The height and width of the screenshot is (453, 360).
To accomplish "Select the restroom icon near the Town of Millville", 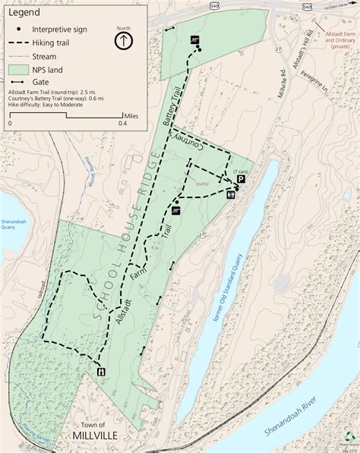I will click(100, 371).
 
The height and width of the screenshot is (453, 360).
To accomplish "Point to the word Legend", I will click(24, 12).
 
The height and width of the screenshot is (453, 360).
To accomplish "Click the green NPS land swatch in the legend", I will click(20, 68).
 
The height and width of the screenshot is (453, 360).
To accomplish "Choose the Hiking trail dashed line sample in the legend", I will click(20, 42).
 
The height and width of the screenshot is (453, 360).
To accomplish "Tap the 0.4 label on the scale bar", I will click(122, 122).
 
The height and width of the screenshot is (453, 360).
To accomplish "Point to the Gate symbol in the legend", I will click(20, 80).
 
